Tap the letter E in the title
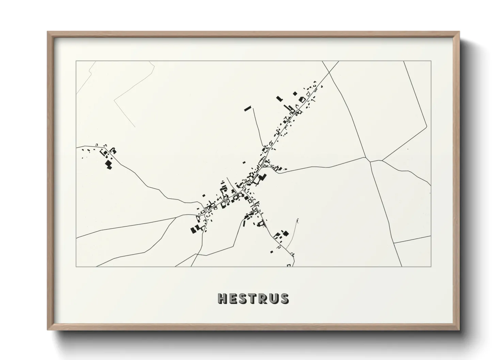pyautogui.click(x=233, y=298)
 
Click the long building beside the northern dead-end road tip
pyautogui.click(x=248, y=109)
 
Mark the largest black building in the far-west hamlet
pyautogui.click(x=109, y=165)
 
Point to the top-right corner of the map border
pyautogui.click(x=431, y=61)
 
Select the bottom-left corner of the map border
pyautogui.click(x=76, y=266)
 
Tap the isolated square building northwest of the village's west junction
pyautogui.click(x=204, y=195)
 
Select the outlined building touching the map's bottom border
pyautogui.click(x=289, y=265)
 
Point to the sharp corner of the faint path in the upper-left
pyautogui.click(x=114, y=100)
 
